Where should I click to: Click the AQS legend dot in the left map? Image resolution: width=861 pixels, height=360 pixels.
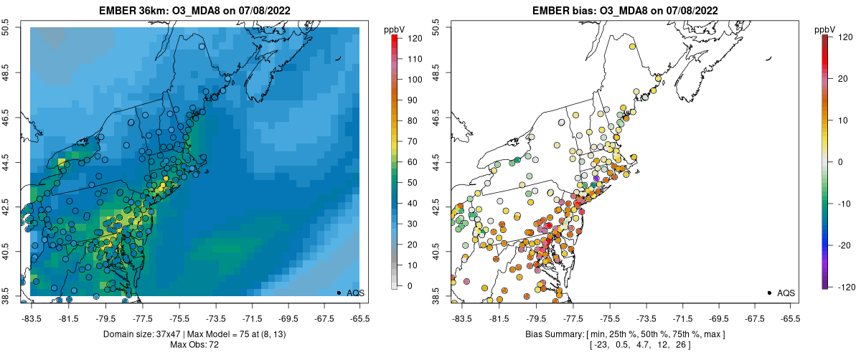[339, 293]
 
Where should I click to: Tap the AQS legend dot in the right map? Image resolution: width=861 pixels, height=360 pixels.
[769, 293]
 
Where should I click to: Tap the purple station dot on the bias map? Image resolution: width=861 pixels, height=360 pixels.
[596, 179]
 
